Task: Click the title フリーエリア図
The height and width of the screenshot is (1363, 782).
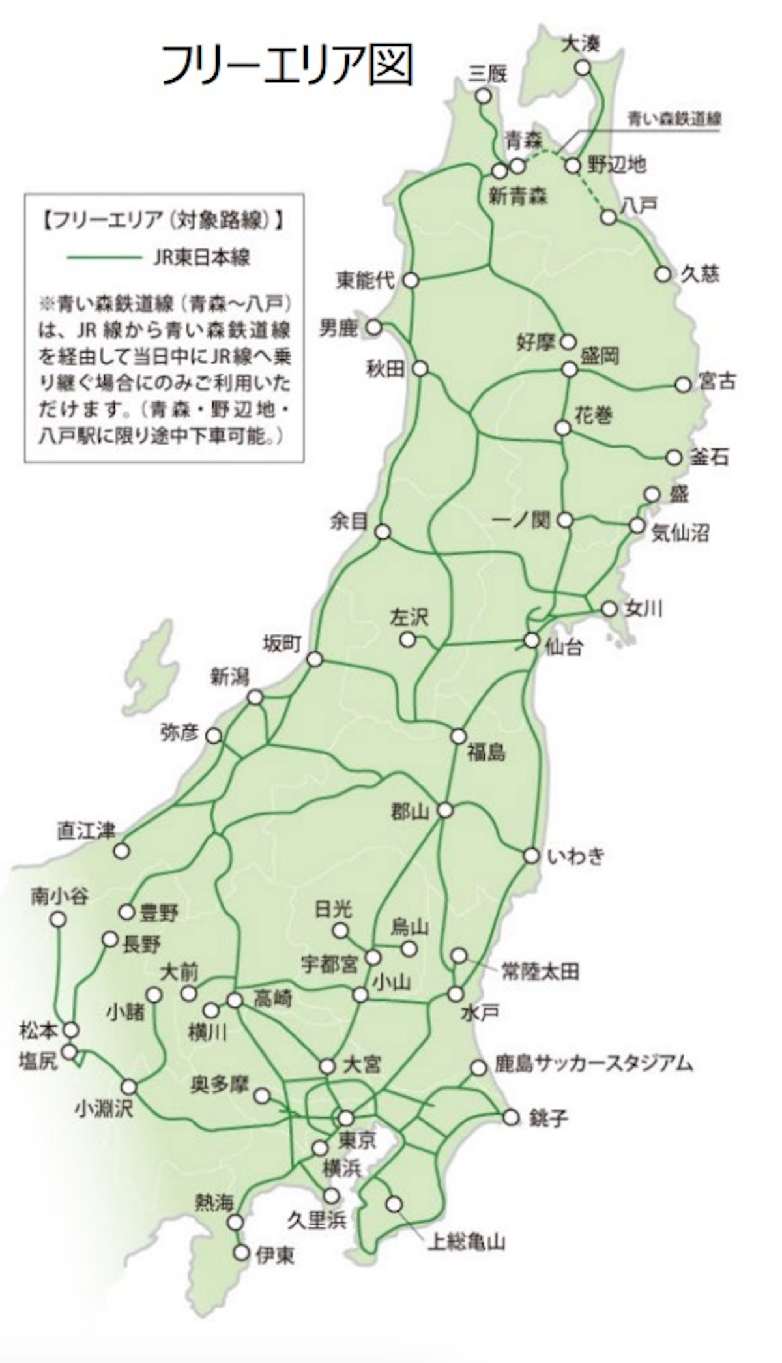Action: coord(287,65)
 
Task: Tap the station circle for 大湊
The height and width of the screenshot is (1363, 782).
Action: coord(583,68)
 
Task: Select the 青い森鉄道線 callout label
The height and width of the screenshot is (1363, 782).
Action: coord(674,119)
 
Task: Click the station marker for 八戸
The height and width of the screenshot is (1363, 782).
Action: coord(609,217)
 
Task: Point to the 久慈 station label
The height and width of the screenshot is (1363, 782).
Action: coord(700,274)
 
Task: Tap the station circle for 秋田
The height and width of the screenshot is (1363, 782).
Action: coord(420,369)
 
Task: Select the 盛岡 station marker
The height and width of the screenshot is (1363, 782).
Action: coord(570,370)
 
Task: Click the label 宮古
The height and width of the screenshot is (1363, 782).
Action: coord(717,381)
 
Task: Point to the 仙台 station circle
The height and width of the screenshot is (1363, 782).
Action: coord(532,640)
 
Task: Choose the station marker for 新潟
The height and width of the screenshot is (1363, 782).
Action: coord(255,697)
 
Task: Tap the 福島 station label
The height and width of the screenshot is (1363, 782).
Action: coord(485,754)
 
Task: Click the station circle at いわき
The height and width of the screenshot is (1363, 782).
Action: coord(532,855)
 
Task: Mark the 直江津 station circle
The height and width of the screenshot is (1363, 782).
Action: coord(121,851)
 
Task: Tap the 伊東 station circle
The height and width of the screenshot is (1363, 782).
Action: coord(242,1252)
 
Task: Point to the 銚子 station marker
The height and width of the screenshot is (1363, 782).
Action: coord(512,1118)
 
